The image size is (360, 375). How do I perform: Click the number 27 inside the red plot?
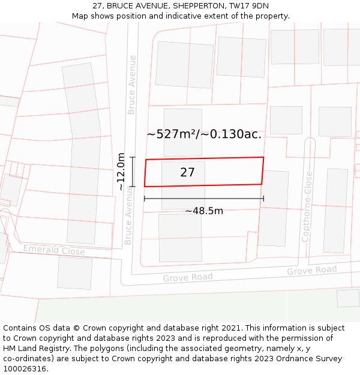click(x=187, y=173)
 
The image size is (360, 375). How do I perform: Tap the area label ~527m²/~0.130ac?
click(x=204, y=134)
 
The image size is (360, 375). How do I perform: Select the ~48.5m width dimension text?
click(x=204, y=211)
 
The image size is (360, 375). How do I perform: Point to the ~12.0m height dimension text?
click(x=121, y=172)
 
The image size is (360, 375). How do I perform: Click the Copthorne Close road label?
click(x=307, y=206)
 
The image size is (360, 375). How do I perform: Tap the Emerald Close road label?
click(x=54, y=250)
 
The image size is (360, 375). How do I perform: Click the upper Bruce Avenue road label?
click(x=132, y=85)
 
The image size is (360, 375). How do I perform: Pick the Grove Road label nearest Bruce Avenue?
click(x=188, y=278)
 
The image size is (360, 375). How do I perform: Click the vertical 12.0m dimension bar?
click(x=133, y=172)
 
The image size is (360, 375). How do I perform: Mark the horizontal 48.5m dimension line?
click(x=204, y=199)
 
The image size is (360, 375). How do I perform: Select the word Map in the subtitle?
click(x=81, y=16)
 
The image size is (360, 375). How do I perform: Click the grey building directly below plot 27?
click(x=181, y=238)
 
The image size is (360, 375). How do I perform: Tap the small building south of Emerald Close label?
click(x=75, y=273)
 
